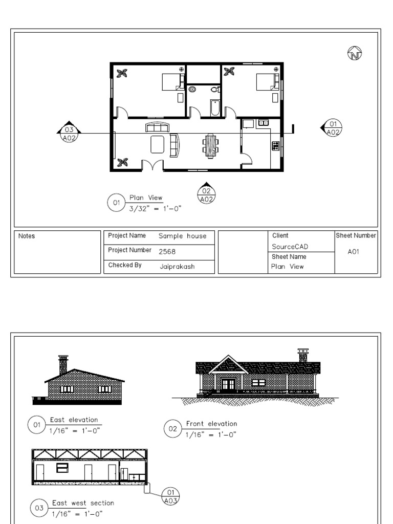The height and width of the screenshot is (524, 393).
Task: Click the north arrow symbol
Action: pos(355,53)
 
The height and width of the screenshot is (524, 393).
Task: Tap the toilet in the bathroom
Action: pos(215,90)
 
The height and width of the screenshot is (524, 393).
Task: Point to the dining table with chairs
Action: pos(210,146)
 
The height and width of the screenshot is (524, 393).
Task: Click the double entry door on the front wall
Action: pos(152,165)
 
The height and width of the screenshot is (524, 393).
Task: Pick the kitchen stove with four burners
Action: pos(276,145)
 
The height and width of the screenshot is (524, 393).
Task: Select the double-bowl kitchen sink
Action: pos(263,123)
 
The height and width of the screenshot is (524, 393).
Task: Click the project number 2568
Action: pos(167,252)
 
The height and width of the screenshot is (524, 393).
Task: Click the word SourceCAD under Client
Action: pos(290,247)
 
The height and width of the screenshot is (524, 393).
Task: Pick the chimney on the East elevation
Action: pos(63,364)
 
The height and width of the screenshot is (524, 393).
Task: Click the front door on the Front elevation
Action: pos(228,384)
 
